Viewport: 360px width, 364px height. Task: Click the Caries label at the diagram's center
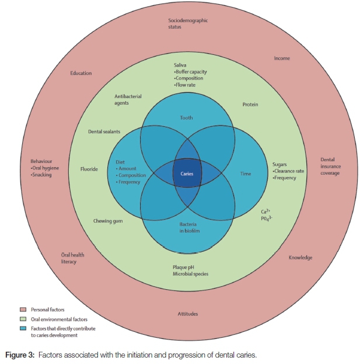coord(186,174)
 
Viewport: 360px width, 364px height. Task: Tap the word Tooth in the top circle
coord(186,117)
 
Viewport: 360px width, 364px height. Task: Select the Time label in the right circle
coord(246,174)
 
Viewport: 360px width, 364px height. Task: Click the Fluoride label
coord(89,169)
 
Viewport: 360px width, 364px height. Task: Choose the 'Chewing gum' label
coord(107,221)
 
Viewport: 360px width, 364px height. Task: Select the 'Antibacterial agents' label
coord(128,99)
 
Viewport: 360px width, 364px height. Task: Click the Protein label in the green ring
coord(250,105)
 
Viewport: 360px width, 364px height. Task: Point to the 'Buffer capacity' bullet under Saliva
coord(191,72)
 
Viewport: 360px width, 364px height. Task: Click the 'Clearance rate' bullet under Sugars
coord(289,171)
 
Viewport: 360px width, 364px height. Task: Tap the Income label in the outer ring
coord(282,58)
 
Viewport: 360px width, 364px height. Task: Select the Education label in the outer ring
coord(81,73)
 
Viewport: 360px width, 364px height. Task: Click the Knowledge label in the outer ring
coord(300,258)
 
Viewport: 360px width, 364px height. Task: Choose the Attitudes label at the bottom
coord(188,314)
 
